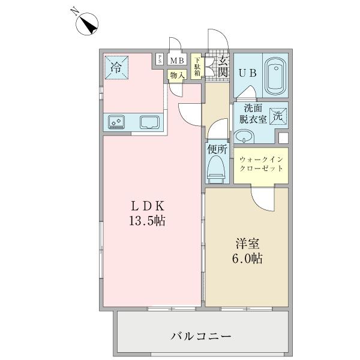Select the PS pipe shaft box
click(160, 59)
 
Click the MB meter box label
click(176, 60)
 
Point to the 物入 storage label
click(176, 75)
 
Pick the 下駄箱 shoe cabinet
click(197, 67)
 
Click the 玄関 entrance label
click(223, 66)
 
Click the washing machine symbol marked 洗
click(278, 116)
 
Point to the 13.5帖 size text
click(146, 221)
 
